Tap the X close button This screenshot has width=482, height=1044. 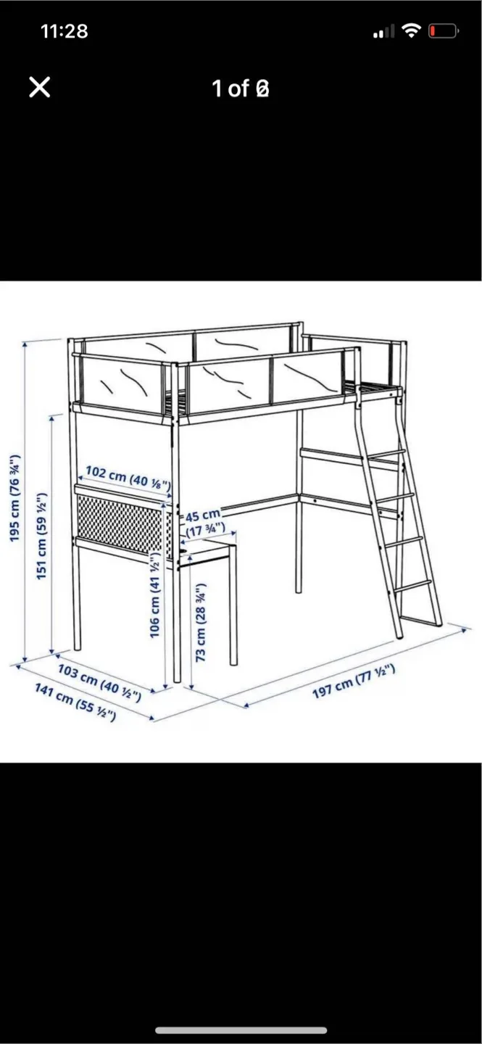click(40, 87)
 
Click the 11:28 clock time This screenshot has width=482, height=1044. click(65, 31)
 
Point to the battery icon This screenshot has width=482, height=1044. click(444, 31)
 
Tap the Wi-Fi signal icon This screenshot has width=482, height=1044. click(411, 30)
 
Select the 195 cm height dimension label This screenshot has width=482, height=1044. click(15, 497)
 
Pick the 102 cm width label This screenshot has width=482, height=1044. click(128, 477)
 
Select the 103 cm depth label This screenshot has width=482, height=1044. click(99, 683)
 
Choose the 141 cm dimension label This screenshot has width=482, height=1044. click(75, 702)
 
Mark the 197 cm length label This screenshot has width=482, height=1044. click(354, 681)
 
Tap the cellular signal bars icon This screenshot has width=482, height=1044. click(384, 31)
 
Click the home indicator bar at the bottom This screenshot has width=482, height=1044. click(241, 1030)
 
